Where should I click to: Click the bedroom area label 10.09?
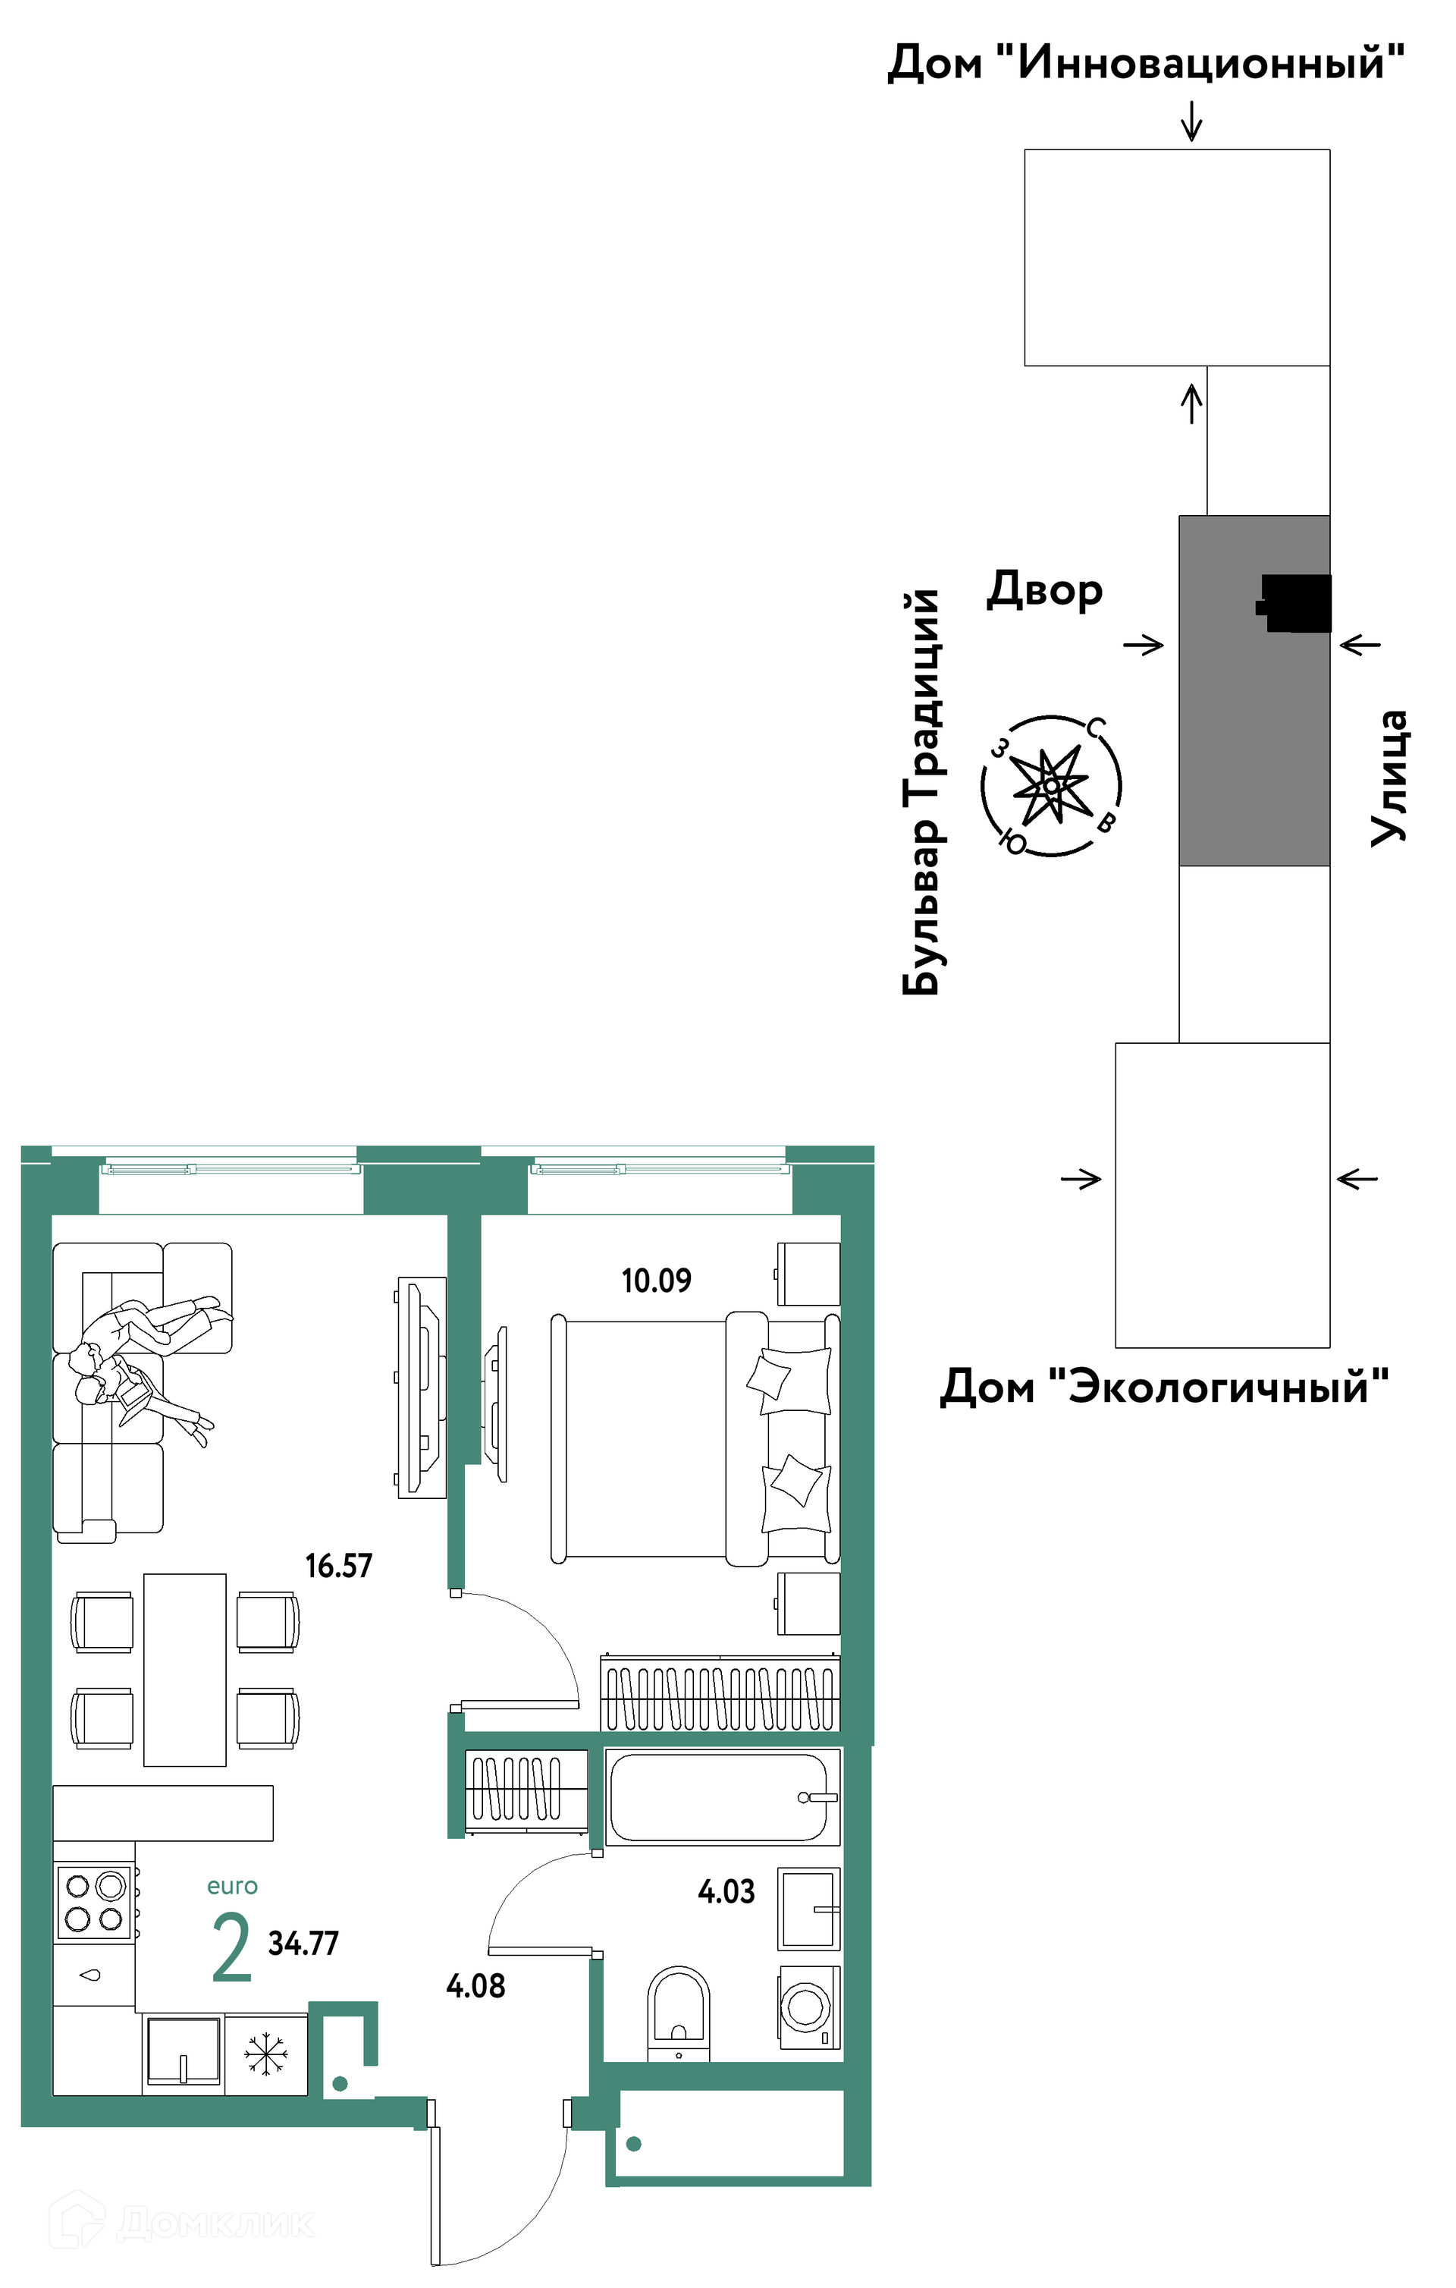pyautogui.click(x=656, y=1281)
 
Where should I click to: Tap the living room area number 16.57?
pyautogui.click(x=339, y=1565)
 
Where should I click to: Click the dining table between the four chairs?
pyautogui.click(x=185, y=1670)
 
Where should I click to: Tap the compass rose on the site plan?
pyautogui.click(x=1051, y=786)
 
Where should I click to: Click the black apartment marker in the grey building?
pyautogui.click(x=1294, y=603)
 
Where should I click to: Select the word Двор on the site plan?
pyautogui.click(x=1045, y=590)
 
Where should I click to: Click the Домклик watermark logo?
pyautogui.click(x=181, y=2223)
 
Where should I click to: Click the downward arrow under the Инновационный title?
pyautogui.click(x=1191, y=121)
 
